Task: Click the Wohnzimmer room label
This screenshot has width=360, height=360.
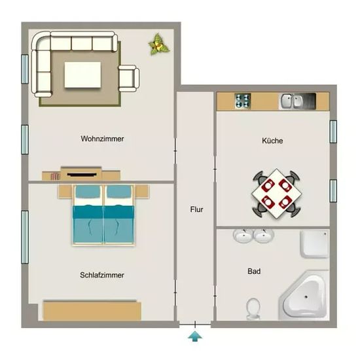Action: (x=102, y=139)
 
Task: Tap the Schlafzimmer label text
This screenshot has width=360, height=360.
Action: (x=102, y=275)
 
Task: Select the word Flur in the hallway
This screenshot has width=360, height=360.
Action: (x=196, y=209)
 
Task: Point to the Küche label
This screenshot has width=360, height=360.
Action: (x=272, y=140)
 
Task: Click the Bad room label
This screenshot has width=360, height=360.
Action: (x=254, y=271)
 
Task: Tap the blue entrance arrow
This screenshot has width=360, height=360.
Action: (x=195, y=336)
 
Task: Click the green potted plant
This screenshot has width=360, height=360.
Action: (x=159, y=45)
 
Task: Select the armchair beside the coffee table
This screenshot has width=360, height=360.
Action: (x=128, y=79)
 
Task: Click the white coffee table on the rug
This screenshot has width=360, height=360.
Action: (x=82, y=75)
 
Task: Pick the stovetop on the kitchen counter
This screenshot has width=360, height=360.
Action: (x=243, y=101)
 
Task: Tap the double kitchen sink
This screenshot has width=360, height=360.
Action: (x=297, y=101)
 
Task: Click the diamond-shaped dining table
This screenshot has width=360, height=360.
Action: (x=276, y=194)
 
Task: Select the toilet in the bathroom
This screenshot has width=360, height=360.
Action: (x=253, y=308)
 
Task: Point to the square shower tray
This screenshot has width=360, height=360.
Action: (x=315, y=244)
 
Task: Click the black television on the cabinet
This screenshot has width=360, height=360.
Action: (x=82, y=175)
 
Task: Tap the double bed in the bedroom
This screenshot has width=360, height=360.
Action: (x=103, y=215)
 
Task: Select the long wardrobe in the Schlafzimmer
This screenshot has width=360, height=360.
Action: (x=92, y=310)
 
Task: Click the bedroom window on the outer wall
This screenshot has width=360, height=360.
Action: (x=25, y=237)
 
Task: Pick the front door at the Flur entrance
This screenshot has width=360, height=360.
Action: (x=195, y=325)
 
